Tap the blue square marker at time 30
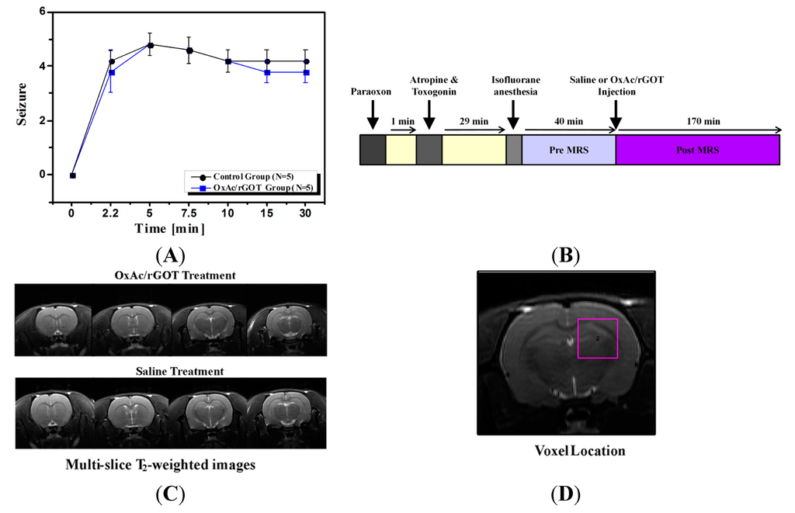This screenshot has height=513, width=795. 307,73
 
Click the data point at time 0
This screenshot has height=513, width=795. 72,175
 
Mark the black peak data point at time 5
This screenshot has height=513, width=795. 151,45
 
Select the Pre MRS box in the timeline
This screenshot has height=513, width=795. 568,150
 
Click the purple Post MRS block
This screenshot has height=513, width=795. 697,150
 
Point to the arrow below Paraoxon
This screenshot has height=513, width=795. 372,116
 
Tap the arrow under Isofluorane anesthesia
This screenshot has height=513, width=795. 513,116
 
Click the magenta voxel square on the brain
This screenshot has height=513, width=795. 597,338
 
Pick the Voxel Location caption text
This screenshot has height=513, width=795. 580,451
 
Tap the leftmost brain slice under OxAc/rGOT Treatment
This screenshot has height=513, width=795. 54,319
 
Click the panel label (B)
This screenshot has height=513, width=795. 565,254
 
